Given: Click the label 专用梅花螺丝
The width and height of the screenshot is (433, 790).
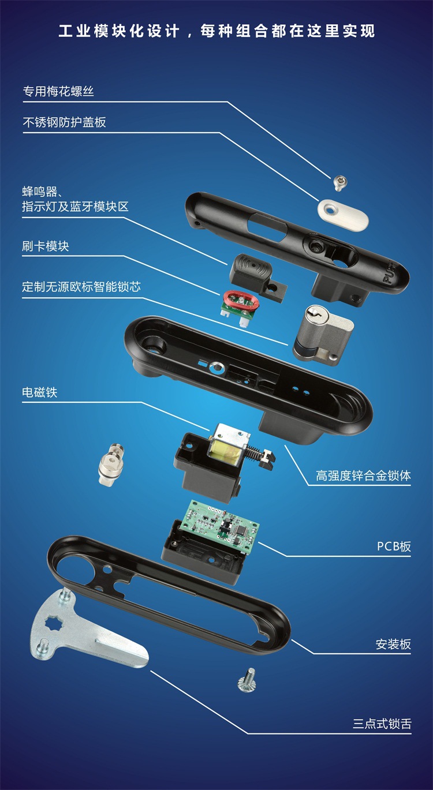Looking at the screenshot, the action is [x=58, y=92].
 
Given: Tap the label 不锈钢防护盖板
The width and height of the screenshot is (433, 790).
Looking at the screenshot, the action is [x=64, y=122].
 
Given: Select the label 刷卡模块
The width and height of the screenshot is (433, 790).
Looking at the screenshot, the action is [x=46, y=246].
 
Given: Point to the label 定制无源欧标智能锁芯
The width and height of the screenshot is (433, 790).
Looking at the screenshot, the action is [x=81, y=286].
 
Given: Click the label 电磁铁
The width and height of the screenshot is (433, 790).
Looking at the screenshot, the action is [x=39, y=392].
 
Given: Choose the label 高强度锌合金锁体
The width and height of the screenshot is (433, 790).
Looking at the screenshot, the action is [x=364, y=476].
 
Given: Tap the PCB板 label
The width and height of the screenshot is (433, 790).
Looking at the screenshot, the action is [x=394, y=546].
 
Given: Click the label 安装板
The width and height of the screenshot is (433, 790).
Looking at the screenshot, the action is [x=394, y=645].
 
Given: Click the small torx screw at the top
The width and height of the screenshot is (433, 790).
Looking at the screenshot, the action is [x=339, y=183].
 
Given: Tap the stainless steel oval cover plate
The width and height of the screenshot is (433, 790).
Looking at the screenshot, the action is [x=343, y=215].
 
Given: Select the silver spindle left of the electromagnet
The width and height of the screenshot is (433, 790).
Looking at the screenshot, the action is [x=111, y=465].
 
